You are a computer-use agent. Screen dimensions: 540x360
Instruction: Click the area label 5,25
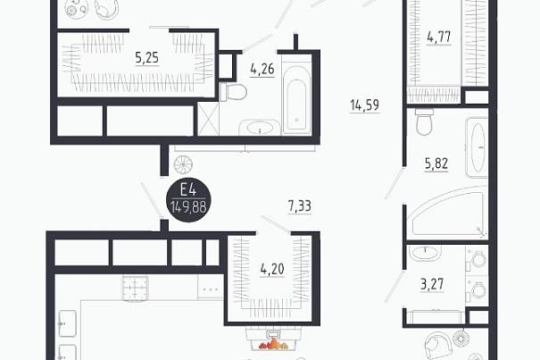(147, 57)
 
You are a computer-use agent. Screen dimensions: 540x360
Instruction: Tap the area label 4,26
(262, 69)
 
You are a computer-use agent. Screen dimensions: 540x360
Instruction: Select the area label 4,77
(439, 37)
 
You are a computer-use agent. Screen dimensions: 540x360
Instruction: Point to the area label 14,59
(365, 105)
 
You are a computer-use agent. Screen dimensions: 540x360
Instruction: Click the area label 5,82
(436, 163)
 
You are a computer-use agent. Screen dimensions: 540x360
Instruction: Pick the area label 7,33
(300, 206)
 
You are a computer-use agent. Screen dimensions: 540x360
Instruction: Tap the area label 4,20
(272, 269)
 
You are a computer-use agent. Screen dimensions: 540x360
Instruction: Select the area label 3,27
(432, 284)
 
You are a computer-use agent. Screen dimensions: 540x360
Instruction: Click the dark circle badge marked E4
(188, 200)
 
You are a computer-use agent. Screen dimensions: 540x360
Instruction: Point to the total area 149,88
(188, 207)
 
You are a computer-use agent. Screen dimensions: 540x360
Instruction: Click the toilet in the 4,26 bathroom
(233, 92)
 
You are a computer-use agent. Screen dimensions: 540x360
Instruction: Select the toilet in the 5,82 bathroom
(423, 121)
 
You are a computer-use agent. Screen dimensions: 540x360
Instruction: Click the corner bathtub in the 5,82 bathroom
(448, 211)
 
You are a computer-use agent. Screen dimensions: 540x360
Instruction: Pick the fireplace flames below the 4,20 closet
(274, 343)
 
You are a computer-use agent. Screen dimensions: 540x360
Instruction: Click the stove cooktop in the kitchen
(135, 289)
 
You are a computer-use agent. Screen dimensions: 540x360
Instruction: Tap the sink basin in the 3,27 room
(425, 253)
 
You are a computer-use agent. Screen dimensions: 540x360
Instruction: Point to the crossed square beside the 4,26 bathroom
(208, 119)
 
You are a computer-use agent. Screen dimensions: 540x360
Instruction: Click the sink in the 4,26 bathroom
(259, 128)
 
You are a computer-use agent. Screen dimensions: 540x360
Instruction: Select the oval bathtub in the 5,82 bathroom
(478, 147)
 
